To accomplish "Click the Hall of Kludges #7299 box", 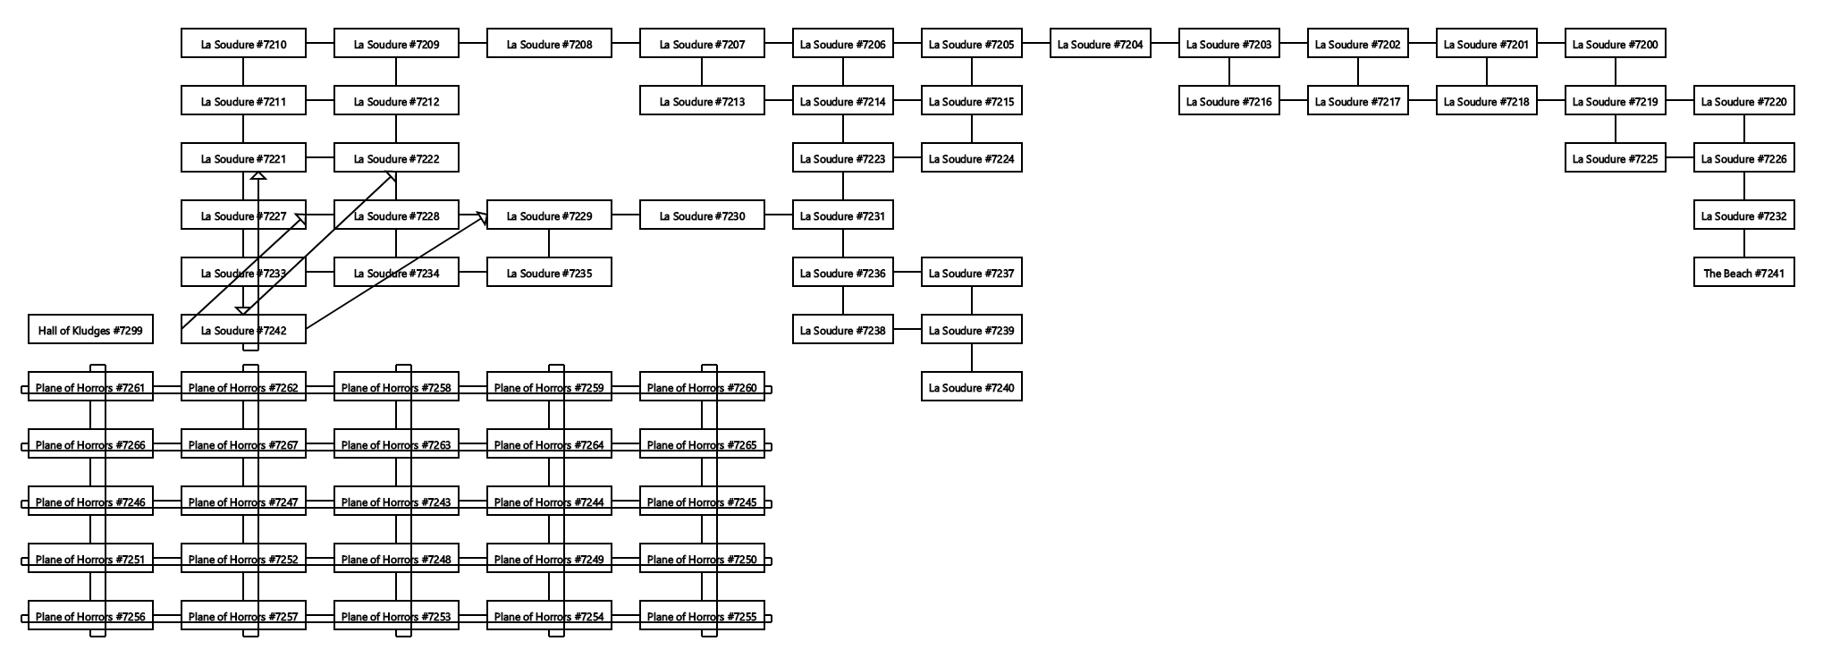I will point(90,331).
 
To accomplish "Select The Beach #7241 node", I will point(1743,274).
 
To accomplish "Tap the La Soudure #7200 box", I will point(1615,45).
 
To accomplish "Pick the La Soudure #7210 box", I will point(243,45).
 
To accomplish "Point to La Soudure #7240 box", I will point(971,388).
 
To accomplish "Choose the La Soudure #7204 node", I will point(1100,45).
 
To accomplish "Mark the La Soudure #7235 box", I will point(549,274).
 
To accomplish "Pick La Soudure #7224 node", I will point(971,159).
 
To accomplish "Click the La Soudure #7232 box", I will point(1743,216).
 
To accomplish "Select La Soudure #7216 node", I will point(1228,102).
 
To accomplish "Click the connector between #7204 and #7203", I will point(1164,45).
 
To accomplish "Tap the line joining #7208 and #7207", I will point(626,45).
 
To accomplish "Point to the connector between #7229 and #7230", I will point(626,216).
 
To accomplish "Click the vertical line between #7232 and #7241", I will point(1743,245).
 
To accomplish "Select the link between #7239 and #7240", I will point(972,359).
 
